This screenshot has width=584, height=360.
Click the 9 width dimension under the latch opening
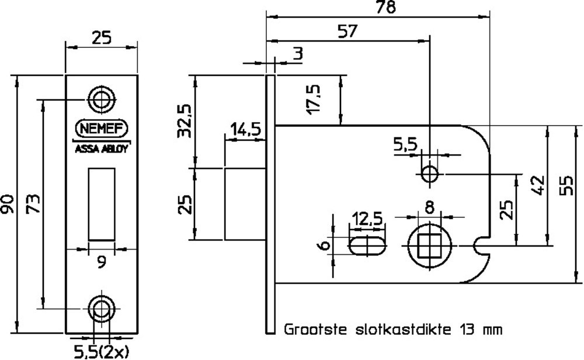tap(102, 263)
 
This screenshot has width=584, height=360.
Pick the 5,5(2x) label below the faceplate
tap(101, 351)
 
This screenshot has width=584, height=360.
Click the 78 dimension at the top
tap(384, 8)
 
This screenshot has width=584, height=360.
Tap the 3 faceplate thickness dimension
tap(298, 54)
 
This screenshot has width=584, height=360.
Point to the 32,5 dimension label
tap(186, 121)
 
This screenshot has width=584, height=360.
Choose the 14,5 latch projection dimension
tap(245, 129)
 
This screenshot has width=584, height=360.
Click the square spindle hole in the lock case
tap(430, 245)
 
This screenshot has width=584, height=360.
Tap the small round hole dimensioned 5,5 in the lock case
tap(430, 174)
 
